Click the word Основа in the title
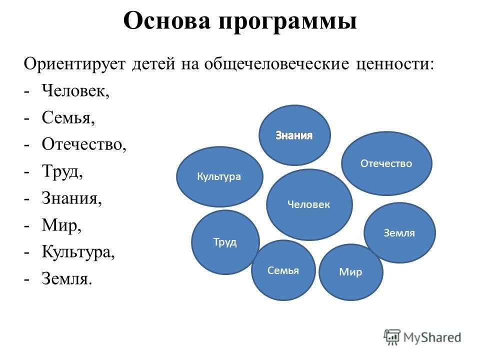pos(167,21)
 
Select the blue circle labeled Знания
pos(294,135)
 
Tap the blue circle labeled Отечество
pos(386,163)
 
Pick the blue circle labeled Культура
pos(219,176)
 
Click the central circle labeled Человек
pos(309,204)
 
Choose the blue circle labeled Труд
pos(225,242)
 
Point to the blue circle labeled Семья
pos(283,270)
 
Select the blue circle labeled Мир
pos(351,272)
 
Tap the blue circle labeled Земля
pos(399,232)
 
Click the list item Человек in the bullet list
pos(75,90)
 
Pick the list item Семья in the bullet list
pos(68,117)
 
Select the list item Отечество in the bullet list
pos(84,144)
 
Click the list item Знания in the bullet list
pos(71,198)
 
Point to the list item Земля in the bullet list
pos(66,279)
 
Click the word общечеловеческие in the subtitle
pos(276,64)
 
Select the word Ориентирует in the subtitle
pos(74,65)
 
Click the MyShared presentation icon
pos(392,337)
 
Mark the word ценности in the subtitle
pos(395,65)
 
